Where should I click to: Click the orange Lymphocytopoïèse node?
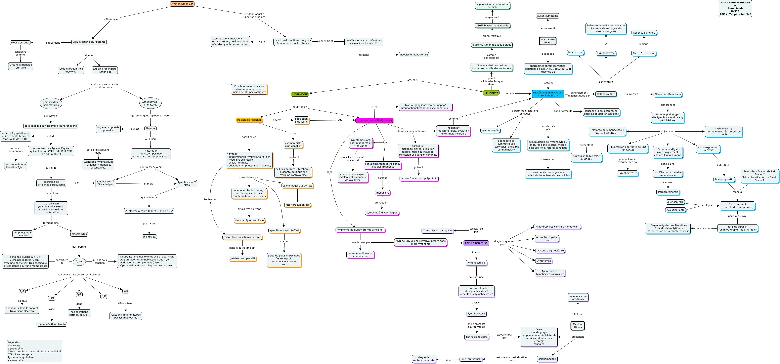point(182,4)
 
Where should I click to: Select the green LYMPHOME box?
point(300,94)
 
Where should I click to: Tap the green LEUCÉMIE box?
point(491,93)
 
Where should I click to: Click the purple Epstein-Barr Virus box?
point(476,243)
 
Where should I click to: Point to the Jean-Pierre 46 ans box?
point(548,41)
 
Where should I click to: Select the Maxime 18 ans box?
point(577,326)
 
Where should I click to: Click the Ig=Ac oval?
point(79,261)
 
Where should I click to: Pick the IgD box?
point(104,296)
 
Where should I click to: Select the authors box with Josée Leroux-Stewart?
point(735,8)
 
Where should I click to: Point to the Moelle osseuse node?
point(20,43)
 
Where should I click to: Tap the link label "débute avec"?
point(112,19)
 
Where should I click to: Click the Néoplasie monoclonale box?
point(414,55)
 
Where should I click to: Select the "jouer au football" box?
point(471,359)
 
